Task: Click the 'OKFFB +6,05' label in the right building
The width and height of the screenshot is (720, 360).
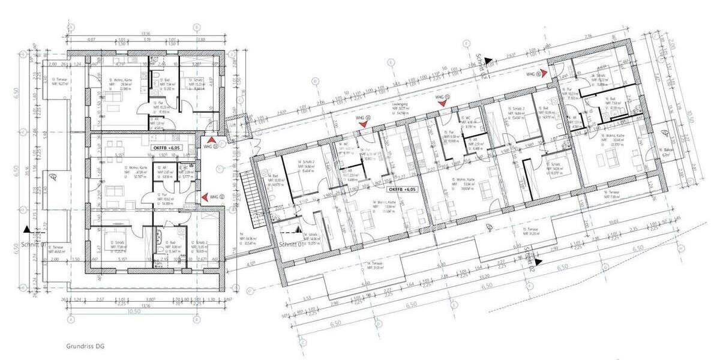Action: coord(401,189)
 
